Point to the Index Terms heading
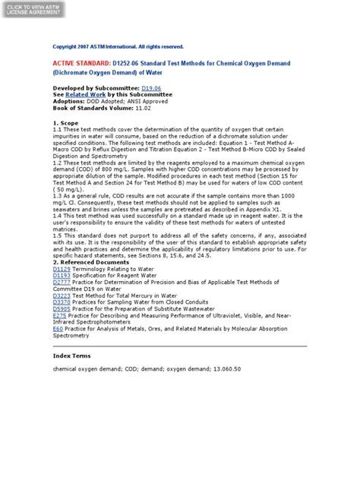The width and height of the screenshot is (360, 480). tap(72, 355)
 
